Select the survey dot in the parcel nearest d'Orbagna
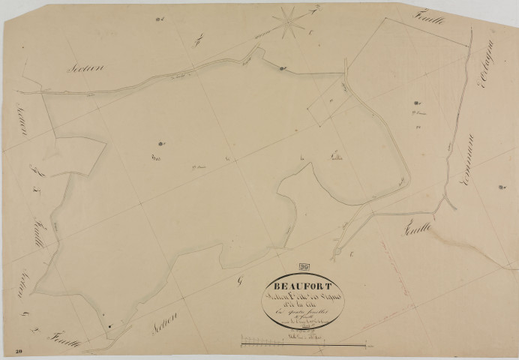[415, 103]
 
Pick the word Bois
[157, 156]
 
